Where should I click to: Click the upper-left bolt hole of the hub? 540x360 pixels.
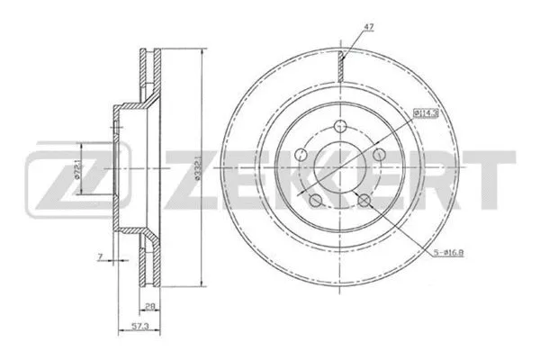pyautogui.click(x=305, y=156)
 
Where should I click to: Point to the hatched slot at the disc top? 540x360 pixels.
pyautogui.click(x=342, y=66)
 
